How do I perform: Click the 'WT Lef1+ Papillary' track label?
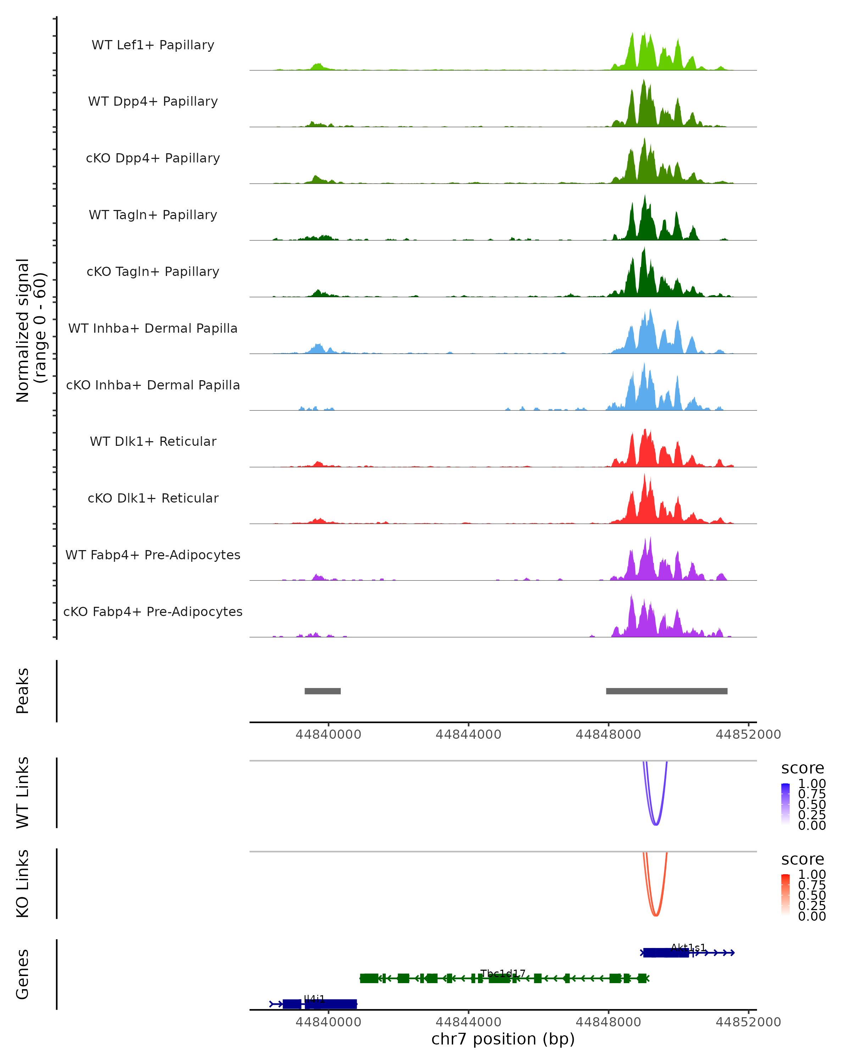point(153,45)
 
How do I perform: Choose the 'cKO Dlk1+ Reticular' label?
point(153,498)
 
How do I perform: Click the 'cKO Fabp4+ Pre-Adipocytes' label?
point(153,611)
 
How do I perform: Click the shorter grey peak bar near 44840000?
point(323,691)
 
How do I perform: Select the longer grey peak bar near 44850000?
point(667,691)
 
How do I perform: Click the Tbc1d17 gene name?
point(503,973)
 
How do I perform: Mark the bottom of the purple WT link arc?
point(656,824)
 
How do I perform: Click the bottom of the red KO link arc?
point(656,915)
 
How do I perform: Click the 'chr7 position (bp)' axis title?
point(503,1039)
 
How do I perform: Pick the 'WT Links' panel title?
point(23,793)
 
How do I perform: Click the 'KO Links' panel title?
point(23,884)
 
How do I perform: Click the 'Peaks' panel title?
point(23,691)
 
